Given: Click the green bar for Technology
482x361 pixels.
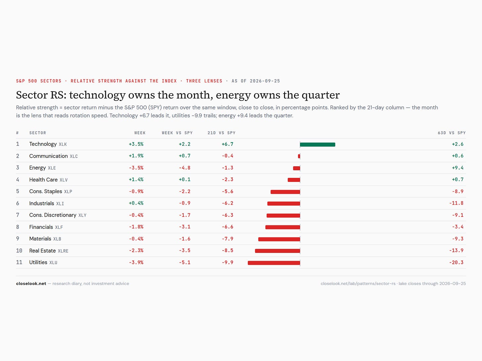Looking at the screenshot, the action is point(317,144).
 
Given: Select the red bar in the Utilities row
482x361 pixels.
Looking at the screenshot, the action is point(274,263).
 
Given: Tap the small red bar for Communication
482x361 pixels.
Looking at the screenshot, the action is point(299,156).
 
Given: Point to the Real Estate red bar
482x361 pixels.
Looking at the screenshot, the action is point(277,251).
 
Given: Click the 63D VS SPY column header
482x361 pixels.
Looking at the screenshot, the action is point(452,133).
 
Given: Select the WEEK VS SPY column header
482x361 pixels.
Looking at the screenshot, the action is point(177,133).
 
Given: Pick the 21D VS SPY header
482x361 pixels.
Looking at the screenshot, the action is point(221,133).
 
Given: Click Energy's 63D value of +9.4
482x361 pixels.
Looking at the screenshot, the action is point(458,168).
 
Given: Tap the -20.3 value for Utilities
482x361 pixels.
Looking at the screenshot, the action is point(456,262).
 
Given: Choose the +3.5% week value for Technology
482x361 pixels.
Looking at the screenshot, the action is point(136,144).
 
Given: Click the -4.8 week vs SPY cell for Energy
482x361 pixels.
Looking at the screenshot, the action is point(184,168).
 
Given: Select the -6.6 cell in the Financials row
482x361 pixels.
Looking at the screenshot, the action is point(227,227).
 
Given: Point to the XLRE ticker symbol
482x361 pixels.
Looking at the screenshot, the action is point(63,251).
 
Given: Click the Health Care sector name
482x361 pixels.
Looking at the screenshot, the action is point(43,180).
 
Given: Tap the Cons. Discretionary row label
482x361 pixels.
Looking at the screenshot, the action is point(53,215).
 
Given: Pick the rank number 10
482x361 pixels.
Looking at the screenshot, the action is point(19,251).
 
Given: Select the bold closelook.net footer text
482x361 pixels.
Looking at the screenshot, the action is point(31,283).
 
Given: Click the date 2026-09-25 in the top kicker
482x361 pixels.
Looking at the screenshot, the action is point(265,81).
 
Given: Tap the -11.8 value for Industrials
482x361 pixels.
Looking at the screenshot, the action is point(456,203).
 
